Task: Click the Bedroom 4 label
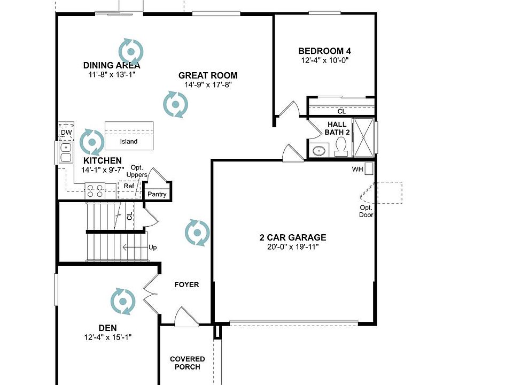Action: [324, 51]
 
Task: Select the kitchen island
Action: [129, 135]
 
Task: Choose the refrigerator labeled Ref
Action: [129, 187]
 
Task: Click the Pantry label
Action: [157, 194]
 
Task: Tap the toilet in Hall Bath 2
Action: [340, 147]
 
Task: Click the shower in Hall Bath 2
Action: [365, 138]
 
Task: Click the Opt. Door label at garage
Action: [366, 211]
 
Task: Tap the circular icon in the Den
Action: [123, 301]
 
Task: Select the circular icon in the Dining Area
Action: [131, 51]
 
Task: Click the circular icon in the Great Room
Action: [175, 104]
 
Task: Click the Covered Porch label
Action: [188, 363]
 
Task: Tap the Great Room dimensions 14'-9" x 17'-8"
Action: [208, 84]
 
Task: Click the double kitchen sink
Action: [66, 152]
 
